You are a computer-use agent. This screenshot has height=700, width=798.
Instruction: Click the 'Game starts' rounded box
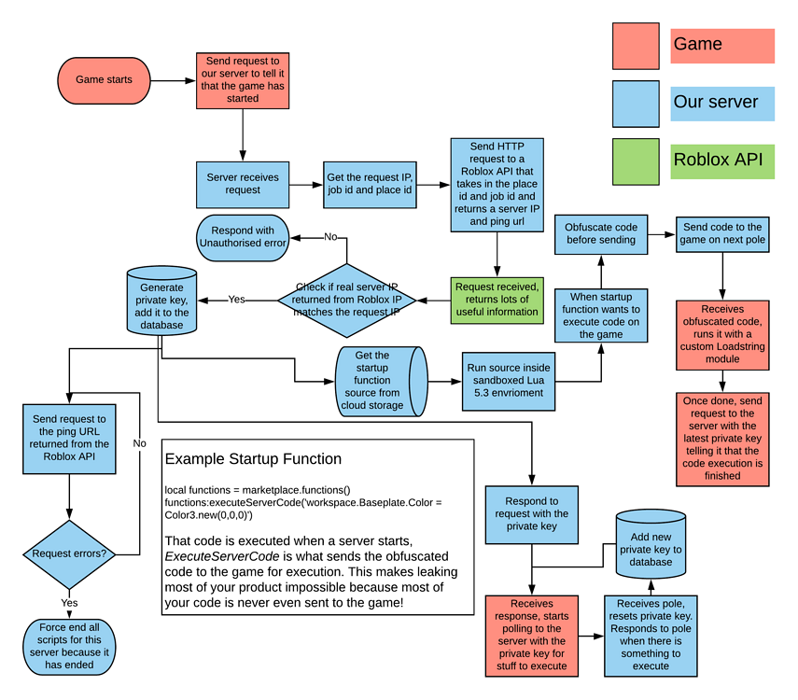[x=104, y=80]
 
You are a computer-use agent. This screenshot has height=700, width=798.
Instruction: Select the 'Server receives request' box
[x=242, y=184]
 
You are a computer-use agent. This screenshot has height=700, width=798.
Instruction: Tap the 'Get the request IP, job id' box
[x=370, y=184]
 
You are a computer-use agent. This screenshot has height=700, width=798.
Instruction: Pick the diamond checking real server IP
[x=346, y=301]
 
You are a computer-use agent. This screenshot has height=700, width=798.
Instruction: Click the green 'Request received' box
[x=496, y=300]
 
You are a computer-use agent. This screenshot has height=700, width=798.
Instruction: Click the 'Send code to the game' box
[x=722, y=233]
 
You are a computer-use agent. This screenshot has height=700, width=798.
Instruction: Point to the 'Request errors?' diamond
[x=69, y=553]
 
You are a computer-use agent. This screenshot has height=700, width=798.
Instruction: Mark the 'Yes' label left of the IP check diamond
[x=236, y=300]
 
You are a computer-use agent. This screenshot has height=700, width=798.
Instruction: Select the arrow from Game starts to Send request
[x=172, y=80]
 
